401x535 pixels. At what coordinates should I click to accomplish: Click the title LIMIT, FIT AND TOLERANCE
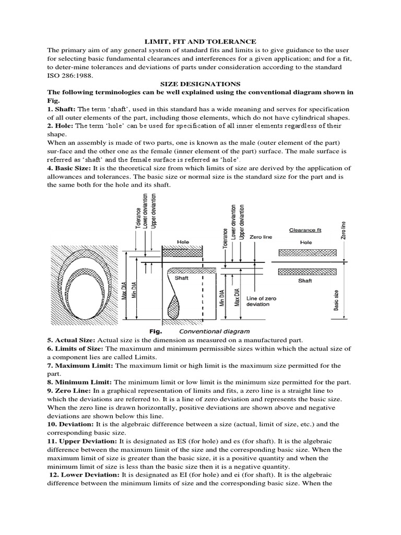click(x=200, y=41)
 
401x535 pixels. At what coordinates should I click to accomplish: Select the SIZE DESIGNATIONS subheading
click(x=200, y=84)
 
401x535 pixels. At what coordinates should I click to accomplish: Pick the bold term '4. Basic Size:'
click(x=69, y=168)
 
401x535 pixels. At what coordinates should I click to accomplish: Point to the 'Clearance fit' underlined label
click(x=305, y=230)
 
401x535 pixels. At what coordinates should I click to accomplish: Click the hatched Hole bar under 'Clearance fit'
click(x=305, y=253)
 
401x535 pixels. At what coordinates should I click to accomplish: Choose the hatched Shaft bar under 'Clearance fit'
click(x=305, y=271)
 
